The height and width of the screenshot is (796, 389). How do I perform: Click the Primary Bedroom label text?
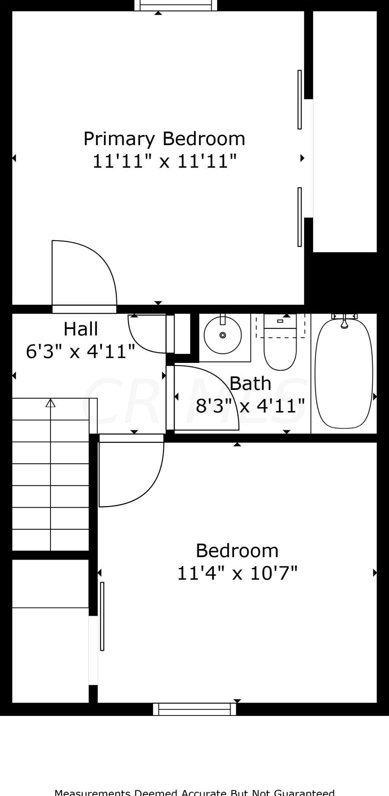(x=164, y=139)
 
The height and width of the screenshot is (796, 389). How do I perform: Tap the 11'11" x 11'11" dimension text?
(x=164, y=161)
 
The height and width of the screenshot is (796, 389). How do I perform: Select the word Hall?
(x=81, y=329)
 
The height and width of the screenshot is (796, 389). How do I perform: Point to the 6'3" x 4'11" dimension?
(x=80, y=352)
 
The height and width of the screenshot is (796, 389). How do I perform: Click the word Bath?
(x=250, y=384)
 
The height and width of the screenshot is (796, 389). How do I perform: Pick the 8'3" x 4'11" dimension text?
(x=250, y=406)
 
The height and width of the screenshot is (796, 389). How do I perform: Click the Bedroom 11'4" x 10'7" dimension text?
(x=237, y=573)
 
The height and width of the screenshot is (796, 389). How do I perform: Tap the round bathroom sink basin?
(x=223, y=335)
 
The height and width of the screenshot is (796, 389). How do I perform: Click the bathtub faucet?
(x=344, y=323)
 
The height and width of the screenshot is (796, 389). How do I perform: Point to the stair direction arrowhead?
(x=50, y=403)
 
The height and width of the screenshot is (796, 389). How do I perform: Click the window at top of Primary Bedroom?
(x=176, y=5)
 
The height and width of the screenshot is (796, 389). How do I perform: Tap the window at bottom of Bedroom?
(x=194, y=709)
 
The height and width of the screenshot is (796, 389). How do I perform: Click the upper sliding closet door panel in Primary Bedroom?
(x=299, y=100)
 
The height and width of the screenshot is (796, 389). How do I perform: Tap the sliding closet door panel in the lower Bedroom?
(x=102, y=616)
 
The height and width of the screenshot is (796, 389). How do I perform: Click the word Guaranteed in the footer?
(x=304, y=792)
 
